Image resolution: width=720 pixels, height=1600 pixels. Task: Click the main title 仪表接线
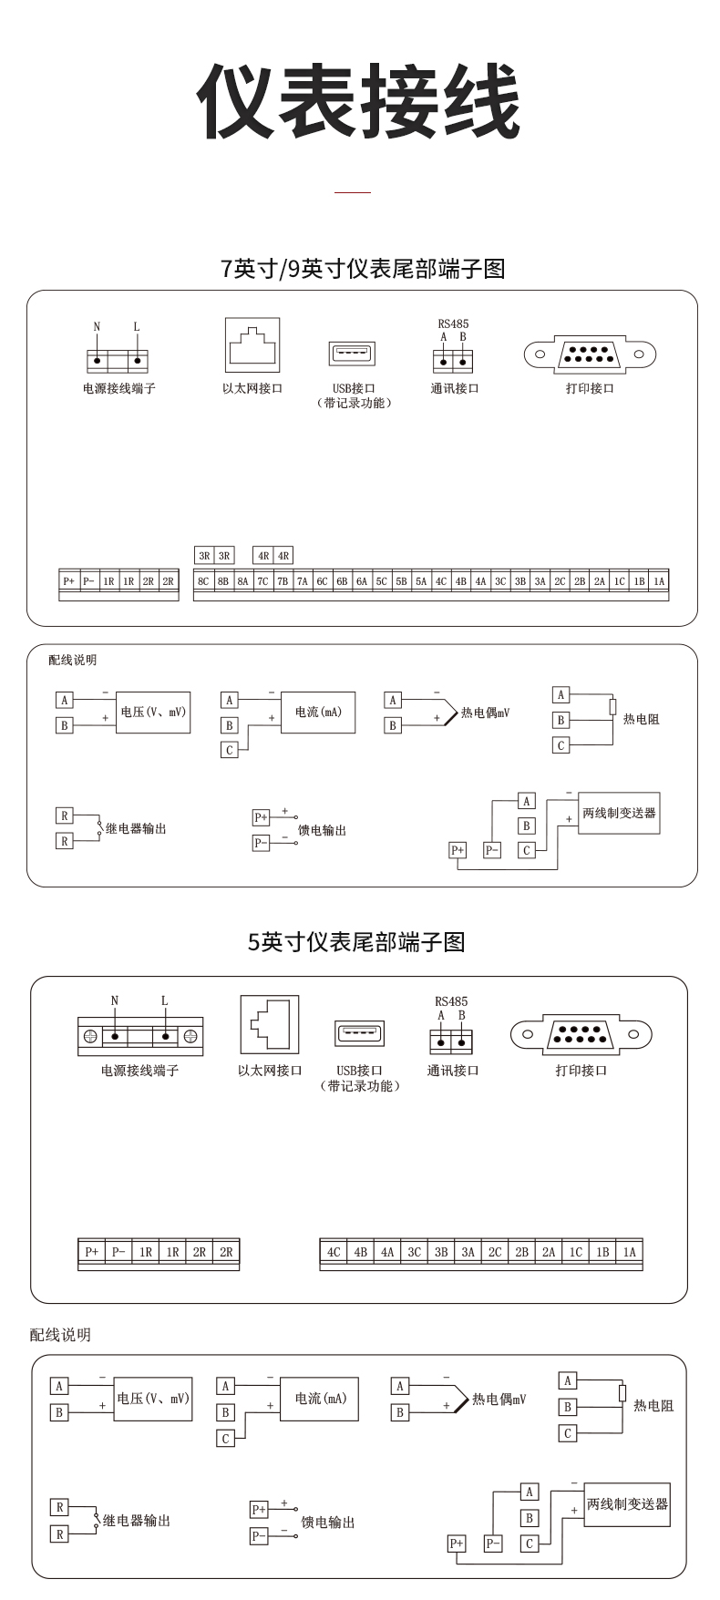click(359, 102)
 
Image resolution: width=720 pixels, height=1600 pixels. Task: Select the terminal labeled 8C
click(203, 581)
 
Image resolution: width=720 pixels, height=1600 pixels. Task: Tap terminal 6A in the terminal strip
click(362, 581)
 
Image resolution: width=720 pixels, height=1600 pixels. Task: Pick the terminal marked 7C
click(262, 581)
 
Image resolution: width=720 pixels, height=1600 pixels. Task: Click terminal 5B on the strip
click(401, 581)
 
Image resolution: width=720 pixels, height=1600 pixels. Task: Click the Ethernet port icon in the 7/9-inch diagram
click(252, 345)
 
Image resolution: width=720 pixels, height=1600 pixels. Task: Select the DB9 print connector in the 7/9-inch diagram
click(590, 354)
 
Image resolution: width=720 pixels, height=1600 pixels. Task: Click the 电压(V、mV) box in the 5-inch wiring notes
click(153, 1399)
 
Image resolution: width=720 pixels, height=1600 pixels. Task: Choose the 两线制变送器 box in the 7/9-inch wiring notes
click(619, 812)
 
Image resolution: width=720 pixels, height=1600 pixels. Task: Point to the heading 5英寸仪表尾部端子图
click(356, 941)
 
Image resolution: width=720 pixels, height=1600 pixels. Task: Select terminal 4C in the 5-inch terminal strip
click(334, 1252)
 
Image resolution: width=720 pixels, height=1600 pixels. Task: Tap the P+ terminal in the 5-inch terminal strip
click(92, 1252)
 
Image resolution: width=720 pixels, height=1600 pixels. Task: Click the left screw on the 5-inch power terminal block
click(91, 1036)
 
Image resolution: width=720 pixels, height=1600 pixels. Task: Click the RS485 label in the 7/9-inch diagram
click(453, 323)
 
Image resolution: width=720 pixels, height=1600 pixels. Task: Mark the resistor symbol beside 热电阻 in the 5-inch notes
click(622, 1393)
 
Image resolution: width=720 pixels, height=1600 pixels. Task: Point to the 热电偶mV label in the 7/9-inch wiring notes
click(485, 713)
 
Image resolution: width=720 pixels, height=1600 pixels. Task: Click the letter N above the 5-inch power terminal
click(115, 1000)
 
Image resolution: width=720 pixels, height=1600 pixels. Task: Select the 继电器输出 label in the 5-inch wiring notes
click(137, 1520)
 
